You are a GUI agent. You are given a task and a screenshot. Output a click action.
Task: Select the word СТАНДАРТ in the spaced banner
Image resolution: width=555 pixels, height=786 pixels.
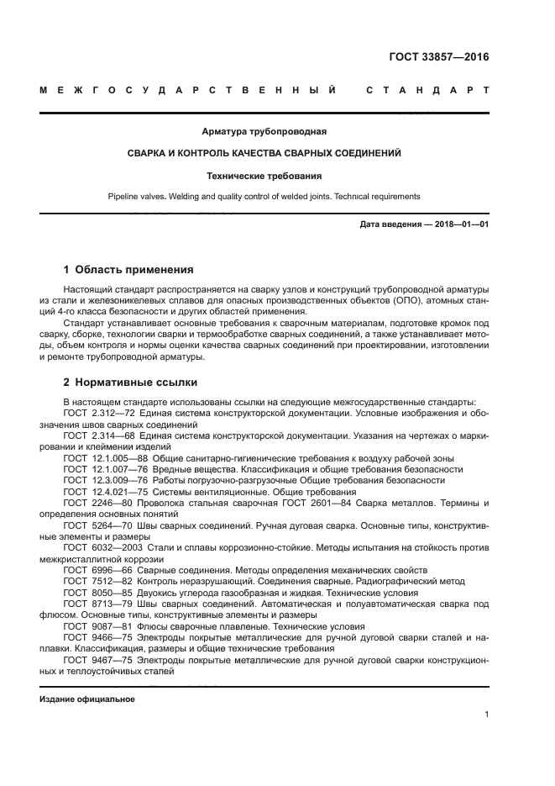click(x=428, y=89)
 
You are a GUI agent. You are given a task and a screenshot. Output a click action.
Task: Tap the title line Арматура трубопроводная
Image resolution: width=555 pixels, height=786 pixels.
click(x=264, y=131)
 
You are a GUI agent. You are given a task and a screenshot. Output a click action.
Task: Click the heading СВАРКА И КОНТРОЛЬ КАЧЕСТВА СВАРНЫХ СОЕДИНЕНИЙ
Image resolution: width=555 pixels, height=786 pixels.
click(x=264, y=154)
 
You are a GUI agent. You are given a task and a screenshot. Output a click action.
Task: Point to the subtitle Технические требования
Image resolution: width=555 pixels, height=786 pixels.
click(x=264, y=176)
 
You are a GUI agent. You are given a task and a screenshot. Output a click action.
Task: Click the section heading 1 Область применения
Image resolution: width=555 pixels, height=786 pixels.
click(x=128, y=270)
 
